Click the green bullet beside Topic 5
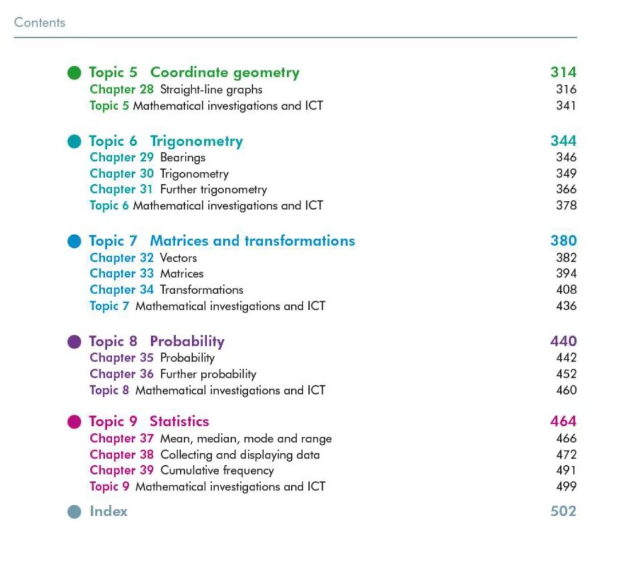coord(74,73)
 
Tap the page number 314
coord(563,72)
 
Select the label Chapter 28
coord(121,89)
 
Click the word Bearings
coord(183,157)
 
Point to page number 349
coord(566,173)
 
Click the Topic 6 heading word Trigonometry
coord(196,141)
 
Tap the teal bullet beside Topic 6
coord(74,142)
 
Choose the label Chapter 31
coord(121,189)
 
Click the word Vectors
coord(179,258)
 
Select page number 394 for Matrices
coord(566,274)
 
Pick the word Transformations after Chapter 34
coord(201,290)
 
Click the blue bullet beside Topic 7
coord(74,242)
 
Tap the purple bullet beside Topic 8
coord(74,342)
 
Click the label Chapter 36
coord(121,374)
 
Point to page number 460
coord(566,390)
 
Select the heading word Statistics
coord(179,422)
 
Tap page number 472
coord(566,454)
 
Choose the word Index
coord(109,511)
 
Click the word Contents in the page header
coord(39,23)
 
